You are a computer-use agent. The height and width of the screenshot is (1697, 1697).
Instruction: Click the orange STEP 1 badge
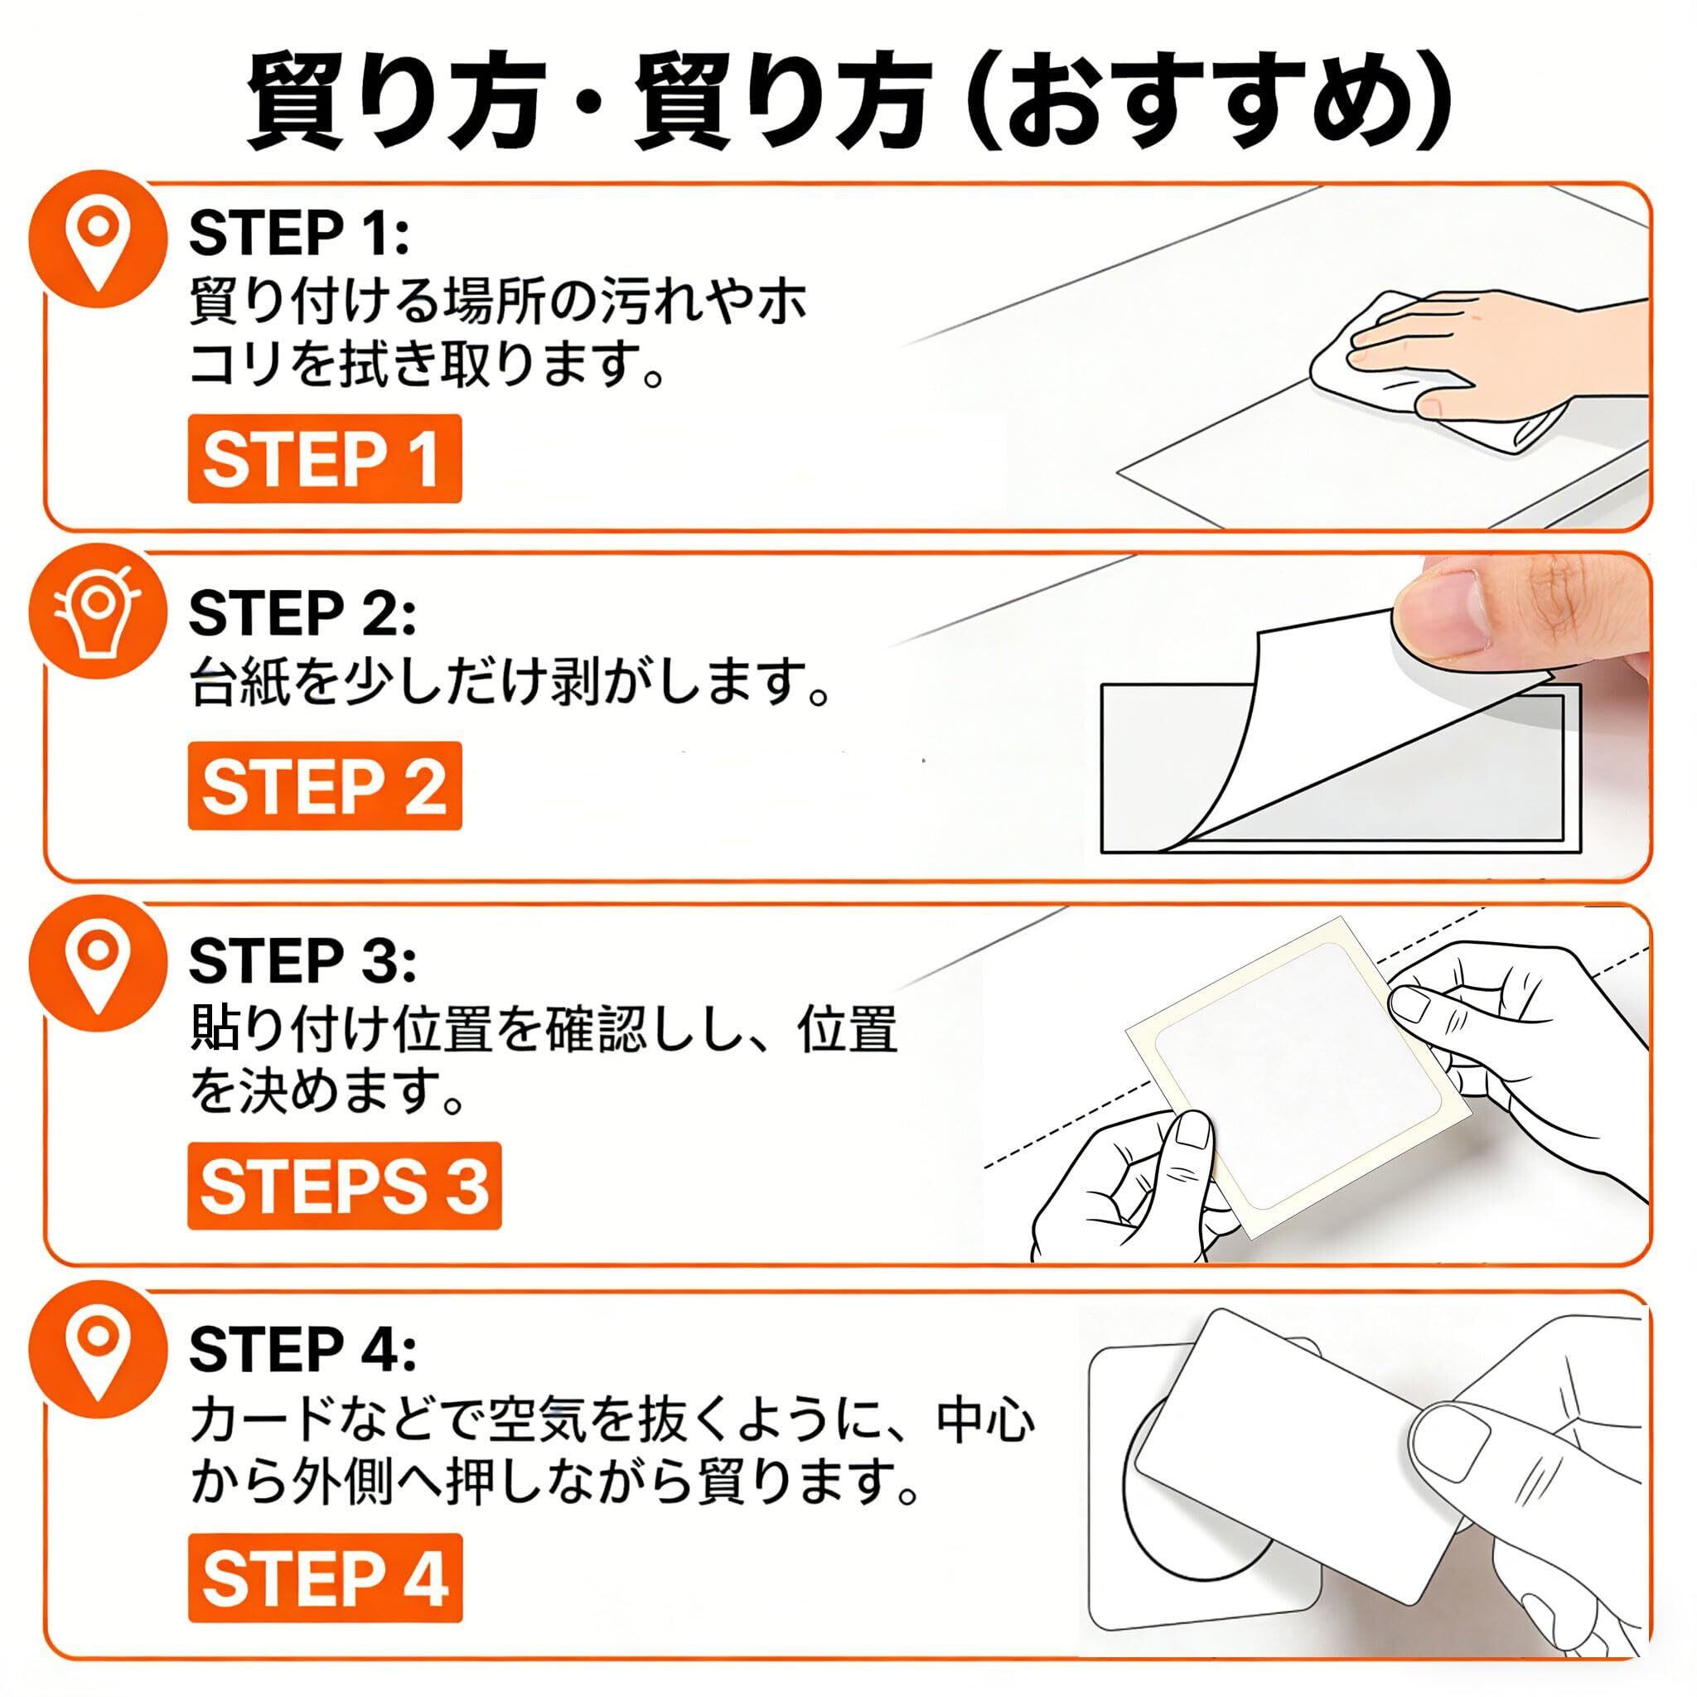[324, 458]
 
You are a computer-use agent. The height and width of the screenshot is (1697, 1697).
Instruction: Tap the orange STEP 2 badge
[324, 786]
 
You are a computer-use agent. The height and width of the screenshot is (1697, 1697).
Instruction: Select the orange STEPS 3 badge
[345, 1186]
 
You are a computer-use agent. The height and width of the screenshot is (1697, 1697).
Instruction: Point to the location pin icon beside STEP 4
[97, 1360]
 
